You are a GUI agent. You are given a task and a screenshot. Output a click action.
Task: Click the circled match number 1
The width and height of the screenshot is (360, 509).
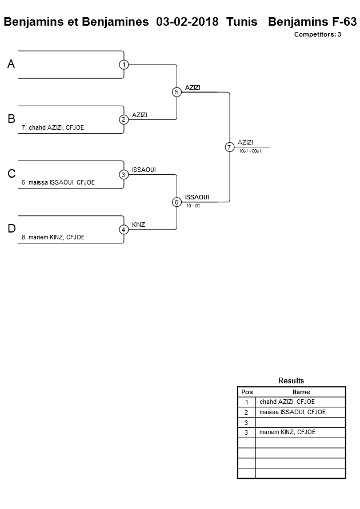pyautogui.click(x=124, y=65)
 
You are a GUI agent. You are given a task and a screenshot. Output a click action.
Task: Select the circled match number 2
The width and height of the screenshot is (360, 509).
pyautogui.click(x=124, y=119)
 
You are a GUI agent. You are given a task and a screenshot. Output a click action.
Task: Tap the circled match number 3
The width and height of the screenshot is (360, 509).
pyautogui.click(x=124, y=174)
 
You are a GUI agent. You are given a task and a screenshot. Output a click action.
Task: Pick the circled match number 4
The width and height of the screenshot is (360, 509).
pyautogui.click(x=124, y=230)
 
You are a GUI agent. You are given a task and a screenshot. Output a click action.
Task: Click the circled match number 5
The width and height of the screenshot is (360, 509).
pyautogui.click(x=177, y=92)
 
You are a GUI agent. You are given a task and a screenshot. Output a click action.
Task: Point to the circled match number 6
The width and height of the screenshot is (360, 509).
pyautogui.click(x=177, y=202)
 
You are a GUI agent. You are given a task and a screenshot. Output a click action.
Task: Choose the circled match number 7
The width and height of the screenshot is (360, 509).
pyautogui.click(x=229, y=147)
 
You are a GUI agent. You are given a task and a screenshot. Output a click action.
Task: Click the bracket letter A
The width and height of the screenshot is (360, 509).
pyautogui.click(x=11, y=65)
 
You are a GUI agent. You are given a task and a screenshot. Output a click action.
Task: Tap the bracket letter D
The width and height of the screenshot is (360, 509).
pyautogui.click(x=11, y=229)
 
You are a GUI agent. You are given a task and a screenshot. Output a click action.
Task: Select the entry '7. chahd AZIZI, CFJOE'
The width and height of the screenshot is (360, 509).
pyautogui.click(x=53, y=127)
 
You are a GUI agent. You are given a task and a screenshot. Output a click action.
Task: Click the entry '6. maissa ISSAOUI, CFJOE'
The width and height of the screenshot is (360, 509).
pyautogui.click(x=58, y=182)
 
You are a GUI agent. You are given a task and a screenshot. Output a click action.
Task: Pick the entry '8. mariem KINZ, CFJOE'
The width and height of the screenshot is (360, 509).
pyautogui.click(x=53, y=237)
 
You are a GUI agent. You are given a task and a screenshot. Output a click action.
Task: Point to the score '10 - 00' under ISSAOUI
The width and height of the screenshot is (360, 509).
pyautogui.click(x=193, y=206)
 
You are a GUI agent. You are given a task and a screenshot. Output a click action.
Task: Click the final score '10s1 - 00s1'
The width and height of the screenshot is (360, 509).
pyautogui.click(x=250, y=151)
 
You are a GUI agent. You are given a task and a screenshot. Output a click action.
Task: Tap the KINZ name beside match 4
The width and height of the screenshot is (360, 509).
pyautogui.click(x=138, y=225)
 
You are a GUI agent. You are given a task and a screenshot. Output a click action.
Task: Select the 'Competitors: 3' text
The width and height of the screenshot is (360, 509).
pyautogui.click(x=318, y=34)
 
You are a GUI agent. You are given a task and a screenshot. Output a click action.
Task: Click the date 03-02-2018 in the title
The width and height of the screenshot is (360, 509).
pyautogui.click(x=187, y=22)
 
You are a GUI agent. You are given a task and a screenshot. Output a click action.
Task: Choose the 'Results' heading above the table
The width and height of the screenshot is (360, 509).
pyautogui.click(x=291, y=380)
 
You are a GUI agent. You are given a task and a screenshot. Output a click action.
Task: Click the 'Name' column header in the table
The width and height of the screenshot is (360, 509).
pyautogui.click(x=301, y=392)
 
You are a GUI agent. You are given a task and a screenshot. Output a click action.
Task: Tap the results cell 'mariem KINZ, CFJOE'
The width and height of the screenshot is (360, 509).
pyautogui.click(x=287, y=432)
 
